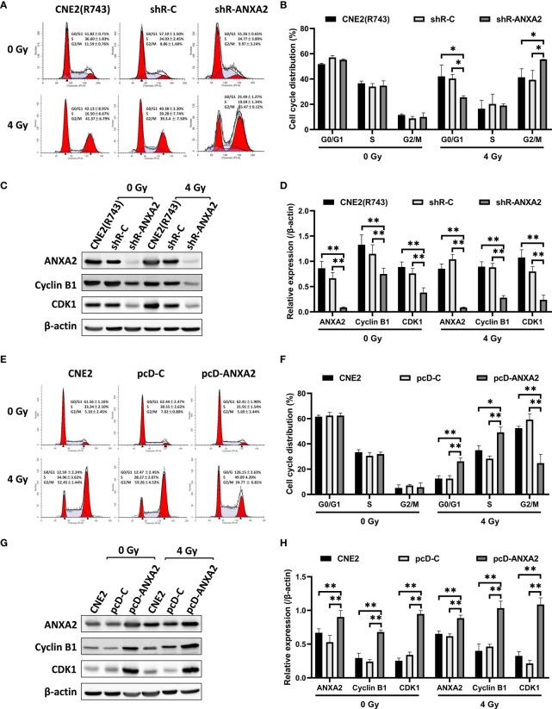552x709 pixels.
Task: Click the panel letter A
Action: [x=7, y=7]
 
